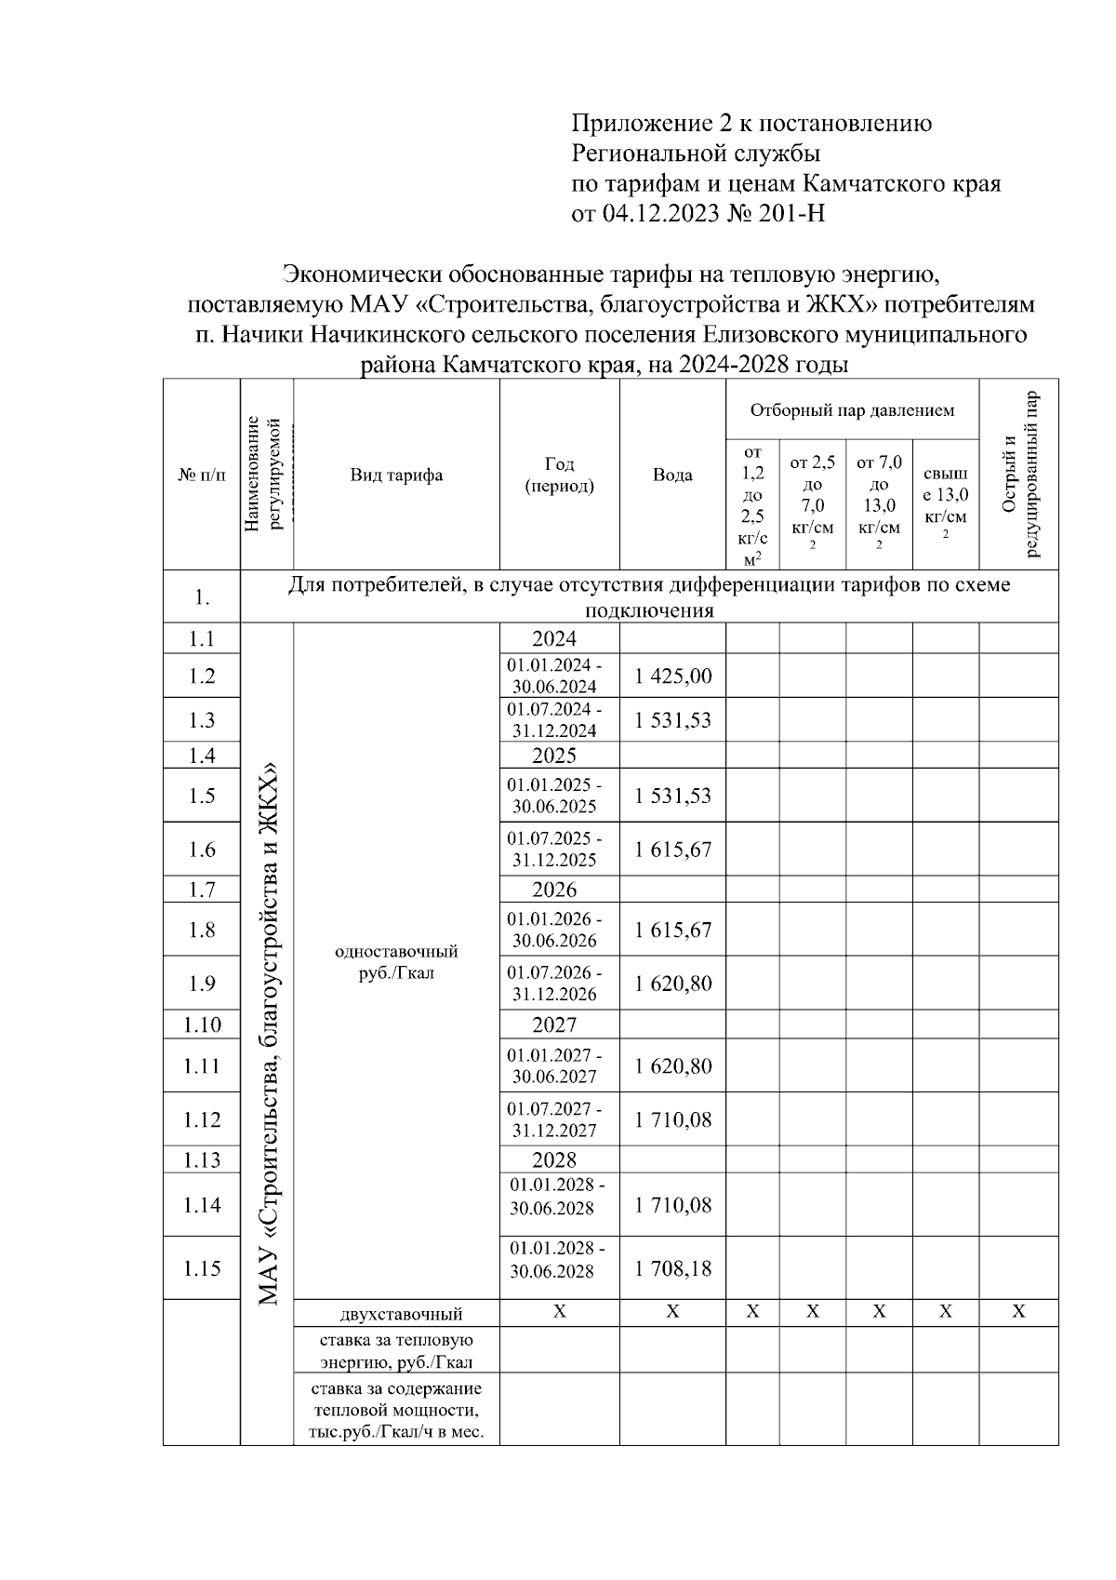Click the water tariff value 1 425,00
tap(673, 676)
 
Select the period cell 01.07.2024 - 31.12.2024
tap(554, 719)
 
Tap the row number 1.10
tap(202, 1024)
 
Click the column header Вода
tap(672, 475)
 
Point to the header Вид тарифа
tap(396, 475)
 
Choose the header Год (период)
tap(559, 475)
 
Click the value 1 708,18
tap(673, 1268)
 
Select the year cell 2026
tap(554, 890)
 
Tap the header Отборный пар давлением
tap(852, 410)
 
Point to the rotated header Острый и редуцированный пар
tap(1018, 475)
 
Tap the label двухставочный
tap(401, 1314)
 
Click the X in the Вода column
tap(672, 1312)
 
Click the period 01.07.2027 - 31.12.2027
tap(554, 1119)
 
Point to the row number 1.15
tap(202, 1268)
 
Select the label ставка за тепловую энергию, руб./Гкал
tap(396, 1351)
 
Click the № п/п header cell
tap(202, 475)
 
